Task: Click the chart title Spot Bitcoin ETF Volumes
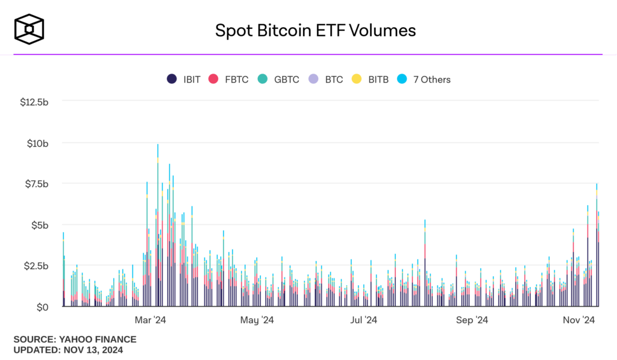coord(315,30)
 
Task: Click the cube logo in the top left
coord(30,30)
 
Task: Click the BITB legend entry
coord(371,79)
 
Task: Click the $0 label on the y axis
coord(42,307)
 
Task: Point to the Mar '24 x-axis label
coord(150,320)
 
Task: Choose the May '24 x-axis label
coord(257,320)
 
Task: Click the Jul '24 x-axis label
coord(363,320)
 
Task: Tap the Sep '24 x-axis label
coord(472,320)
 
